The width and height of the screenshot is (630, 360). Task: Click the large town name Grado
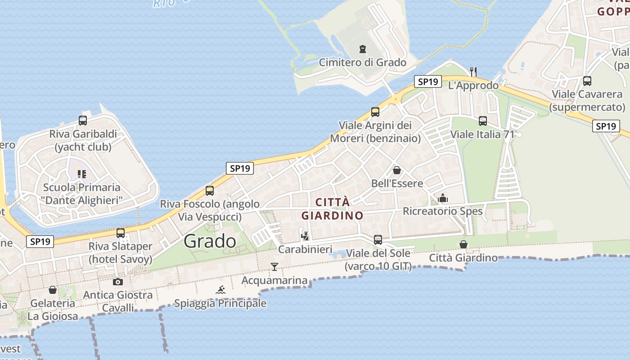(x=210, y=241)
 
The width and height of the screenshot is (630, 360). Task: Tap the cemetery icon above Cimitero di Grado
(x=362, y=49)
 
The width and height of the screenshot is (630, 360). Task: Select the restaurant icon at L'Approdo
(x=473, y=72)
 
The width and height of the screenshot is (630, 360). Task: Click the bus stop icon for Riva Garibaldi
(x=83, y=121)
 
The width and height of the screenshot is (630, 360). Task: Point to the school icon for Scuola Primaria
(x=81, y=174)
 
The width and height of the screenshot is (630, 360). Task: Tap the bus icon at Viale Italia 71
(x=483, y=121)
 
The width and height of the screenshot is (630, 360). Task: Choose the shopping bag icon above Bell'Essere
(x=396, y=170)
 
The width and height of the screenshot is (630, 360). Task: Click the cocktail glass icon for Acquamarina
(x=274, y=267)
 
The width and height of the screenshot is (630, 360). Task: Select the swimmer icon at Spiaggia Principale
(x=220, y=290)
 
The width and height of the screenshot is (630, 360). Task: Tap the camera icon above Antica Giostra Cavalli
(x=117, y=282)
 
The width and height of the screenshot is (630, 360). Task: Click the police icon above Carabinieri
(x=305, y=235)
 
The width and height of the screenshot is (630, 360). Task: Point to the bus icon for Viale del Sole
(x=378, y=240)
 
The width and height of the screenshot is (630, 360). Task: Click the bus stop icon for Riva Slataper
(x=121, y=233)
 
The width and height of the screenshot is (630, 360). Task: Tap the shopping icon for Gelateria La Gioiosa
(x=53, y=290)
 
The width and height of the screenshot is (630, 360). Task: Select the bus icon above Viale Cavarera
(x=587, y=81)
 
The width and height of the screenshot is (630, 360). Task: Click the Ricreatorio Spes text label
(x=442, y=211)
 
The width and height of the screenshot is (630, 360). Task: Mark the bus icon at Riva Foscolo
(x=210, y=191)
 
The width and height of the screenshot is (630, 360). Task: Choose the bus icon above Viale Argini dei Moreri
(x=375, y=112)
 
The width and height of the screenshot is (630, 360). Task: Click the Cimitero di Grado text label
(x=362, y=63)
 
